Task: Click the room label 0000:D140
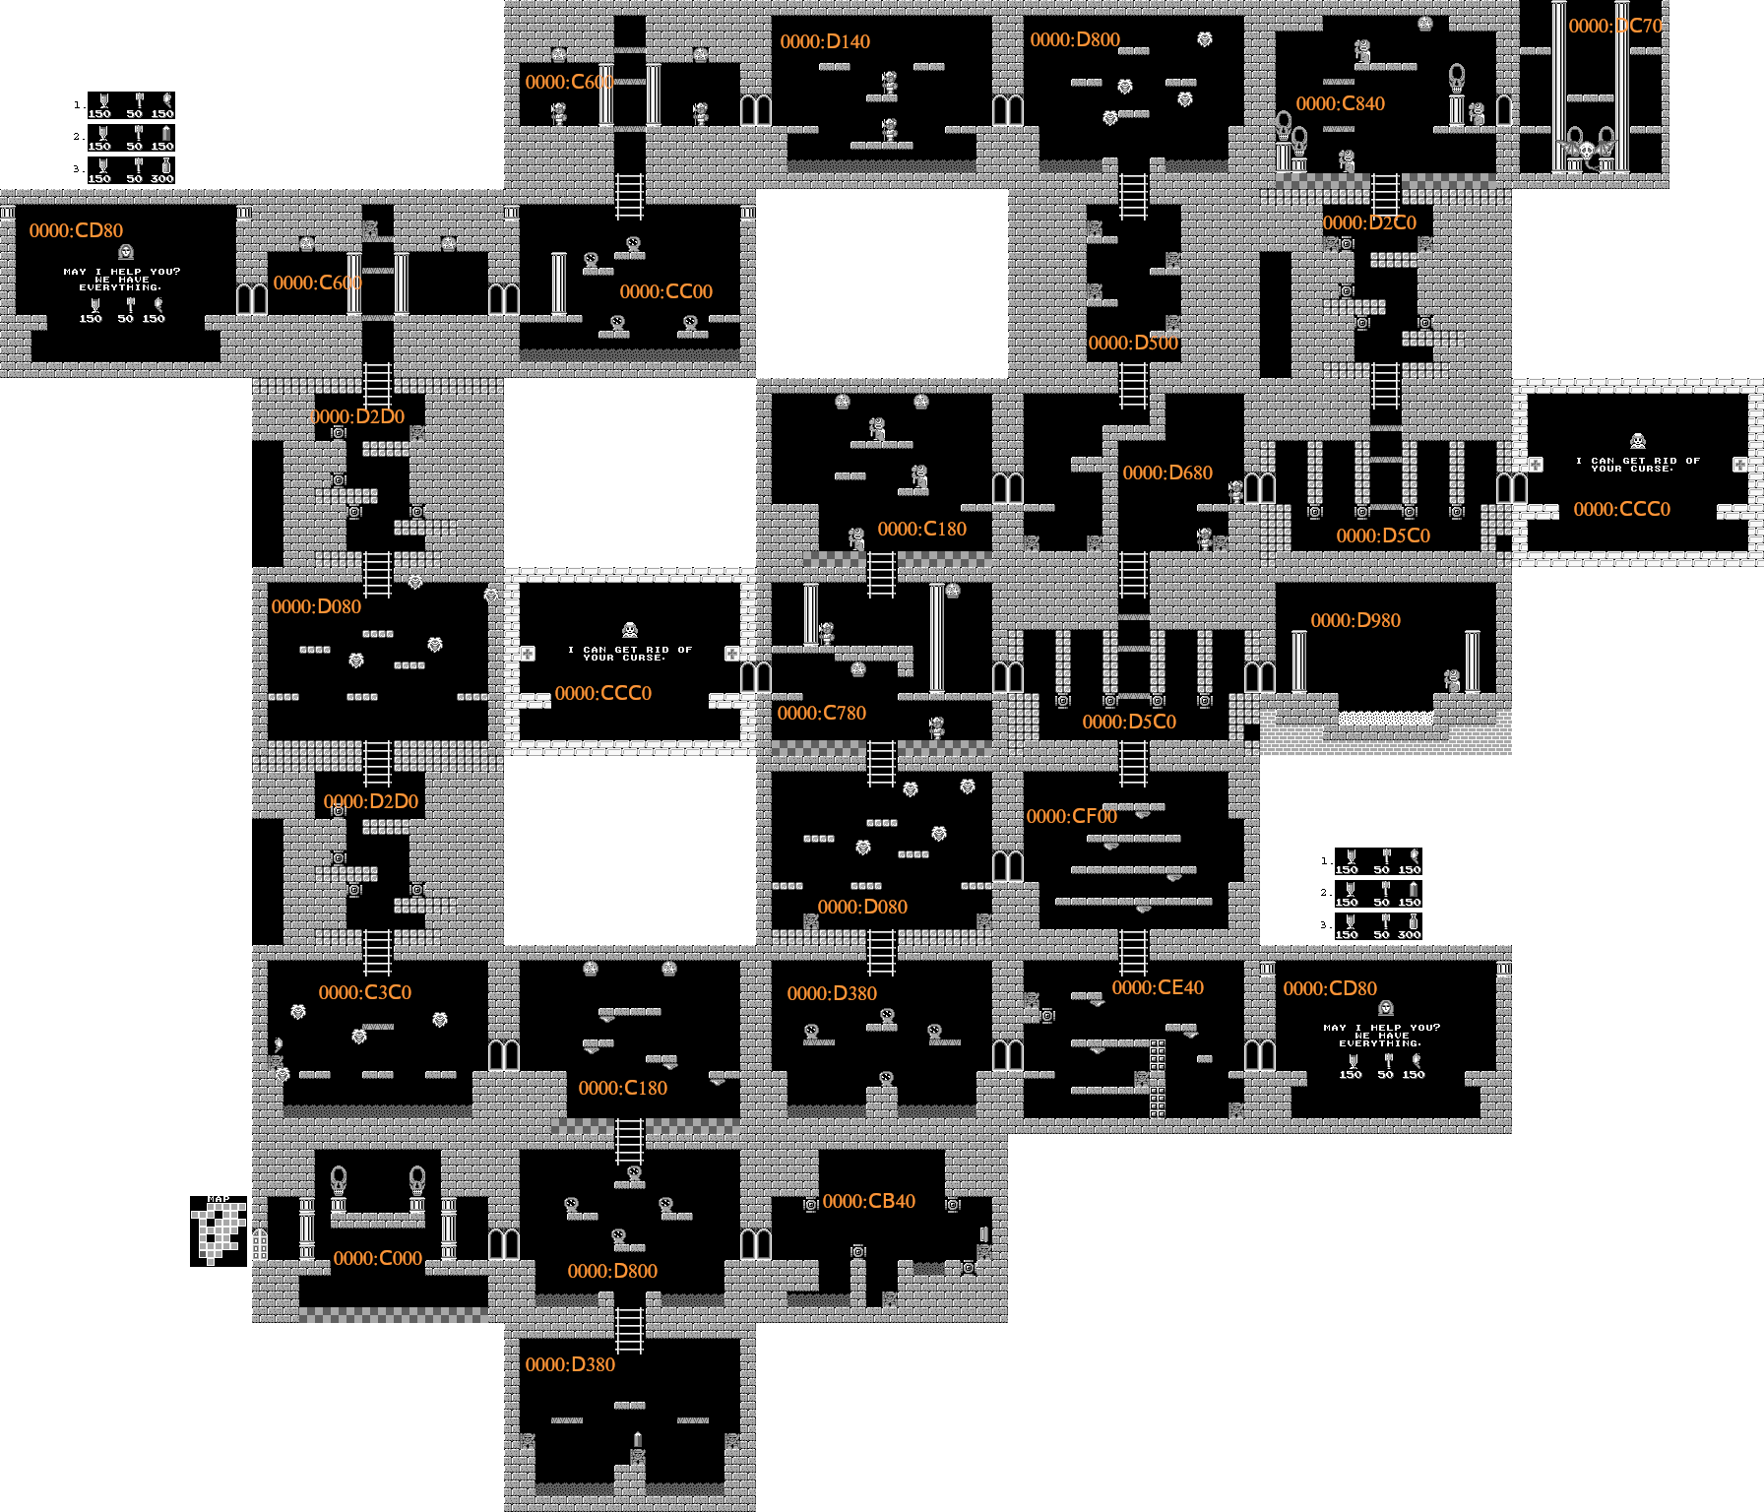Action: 825,41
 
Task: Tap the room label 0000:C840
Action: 1340,103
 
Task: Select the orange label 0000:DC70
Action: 1614,26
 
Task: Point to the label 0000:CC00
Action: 665,291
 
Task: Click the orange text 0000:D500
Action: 1133,343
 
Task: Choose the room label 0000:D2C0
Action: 1368,222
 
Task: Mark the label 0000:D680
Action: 1167,472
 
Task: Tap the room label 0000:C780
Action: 821,713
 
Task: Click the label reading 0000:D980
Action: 1355,620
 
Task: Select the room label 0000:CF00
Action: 1071,816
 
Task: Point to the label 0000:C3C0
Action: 364,992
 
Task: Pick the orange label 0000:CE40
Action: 1158,987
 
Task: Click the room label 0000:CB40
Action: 868,1201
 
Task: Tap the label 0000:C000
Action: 377,1258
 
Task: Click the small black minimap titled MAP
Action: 219,1230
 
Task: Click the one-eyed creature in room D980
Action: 1452,680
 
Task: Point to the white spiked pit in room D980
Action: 1385,719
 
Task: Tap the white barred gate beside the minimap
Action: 260,1244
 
